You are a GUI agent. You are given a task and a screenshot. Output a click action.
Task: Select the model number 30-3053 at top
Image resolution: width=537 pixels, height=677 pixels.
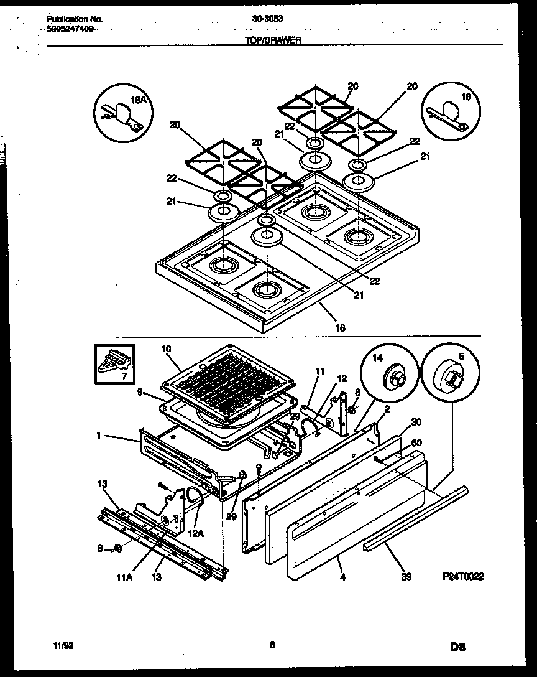pyautogui.click(x=268, y=19)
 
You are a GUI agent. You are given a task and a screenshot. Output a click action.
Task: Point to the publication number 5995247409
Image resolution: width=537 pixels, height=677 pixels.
pyautogui.click(x=70, y=29)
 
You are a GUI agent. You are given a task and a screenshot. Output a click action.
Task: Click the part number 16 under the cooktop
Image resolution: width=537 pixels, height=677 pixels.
pyautogui.click(x=339, y=327)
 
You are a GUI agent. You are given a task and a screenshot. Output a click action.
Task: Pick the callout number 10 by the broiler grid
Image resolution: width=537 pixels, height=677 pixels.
pyautogui.click(x=165, y=349)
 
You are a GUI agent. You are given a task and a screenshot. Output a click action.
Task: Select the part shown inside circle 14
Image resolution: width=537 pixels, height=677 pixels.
pyautogui.click(x=393, y=376)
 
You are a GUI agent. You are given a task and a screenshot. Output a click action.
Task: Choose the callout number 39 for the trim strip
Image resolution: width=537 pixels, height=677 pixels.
pyautogui.click(x=406, y=577)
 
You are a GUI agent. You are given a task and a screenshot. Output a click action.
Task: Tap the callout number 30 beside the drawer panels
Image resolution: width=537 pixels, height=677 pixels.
pyautogui.click(x=416, y=421)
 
